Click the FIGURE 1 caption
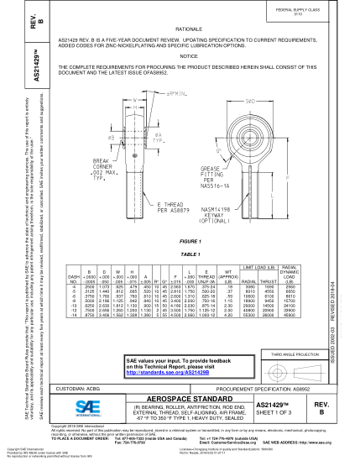188,240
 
